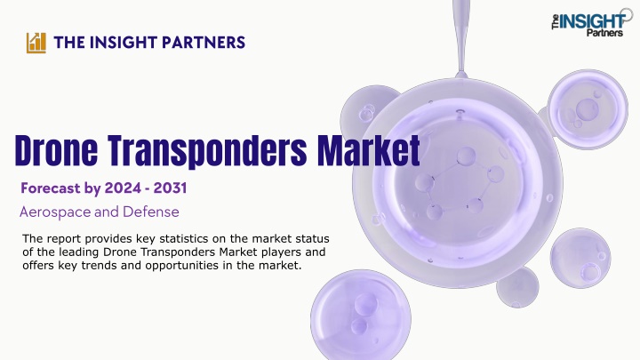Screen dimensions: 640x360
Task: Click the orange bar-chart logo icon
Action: click(x=36, y=43)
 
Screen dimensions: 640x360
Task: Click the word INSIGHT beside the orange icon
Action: click(x=124, y=43)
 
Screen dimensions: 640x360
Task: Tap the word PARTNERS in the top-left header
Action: click(x=204, y=43)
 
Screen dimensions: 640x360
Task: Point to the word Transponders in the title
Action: click(x=207, y=151)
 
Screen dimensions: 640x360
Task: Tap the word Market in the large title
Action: click(x=369, y=149)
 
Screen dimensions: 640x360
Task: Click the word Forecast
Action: click(x=51, y=188)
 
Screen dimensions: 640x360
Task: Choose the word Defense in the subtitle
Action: click(x=150, y=212)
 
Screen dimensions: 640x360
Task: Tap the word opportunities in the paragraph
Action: click(x=188, y=266)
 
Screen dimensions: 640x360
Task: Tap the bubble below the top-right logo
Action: click(x=588, y=108)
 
